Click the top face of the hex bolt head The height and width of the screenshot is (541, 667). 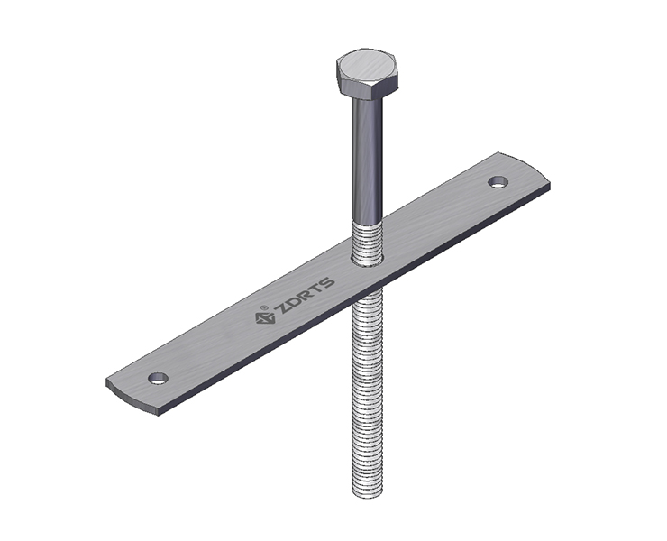[x=367, y=66]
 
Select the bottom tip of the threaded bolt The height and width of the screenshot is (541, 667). [x=368, y=495]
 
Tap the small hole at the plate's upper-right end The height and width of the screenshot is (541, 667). [x=498, y=182]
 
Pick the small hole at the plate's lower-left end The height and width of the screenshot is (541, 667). [x=158, y=378]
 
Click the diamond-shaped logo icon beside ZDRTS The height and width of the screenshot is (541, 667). [x=263, y=317]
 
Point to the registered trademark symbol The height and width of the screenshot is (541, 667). [x=265, y=307]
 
